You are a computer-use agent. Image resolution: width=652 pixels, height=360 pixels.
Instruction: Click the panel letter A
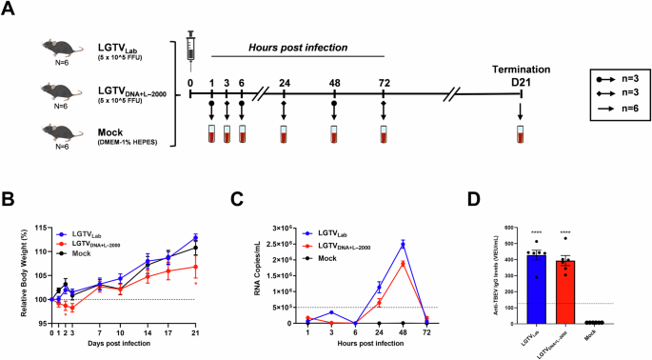pyautogui.click(x=10, y=10)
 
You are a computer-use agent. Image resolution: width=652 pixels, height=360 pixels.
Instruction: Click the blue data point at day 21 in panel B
pyautogui.click(x=194, y=238)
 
